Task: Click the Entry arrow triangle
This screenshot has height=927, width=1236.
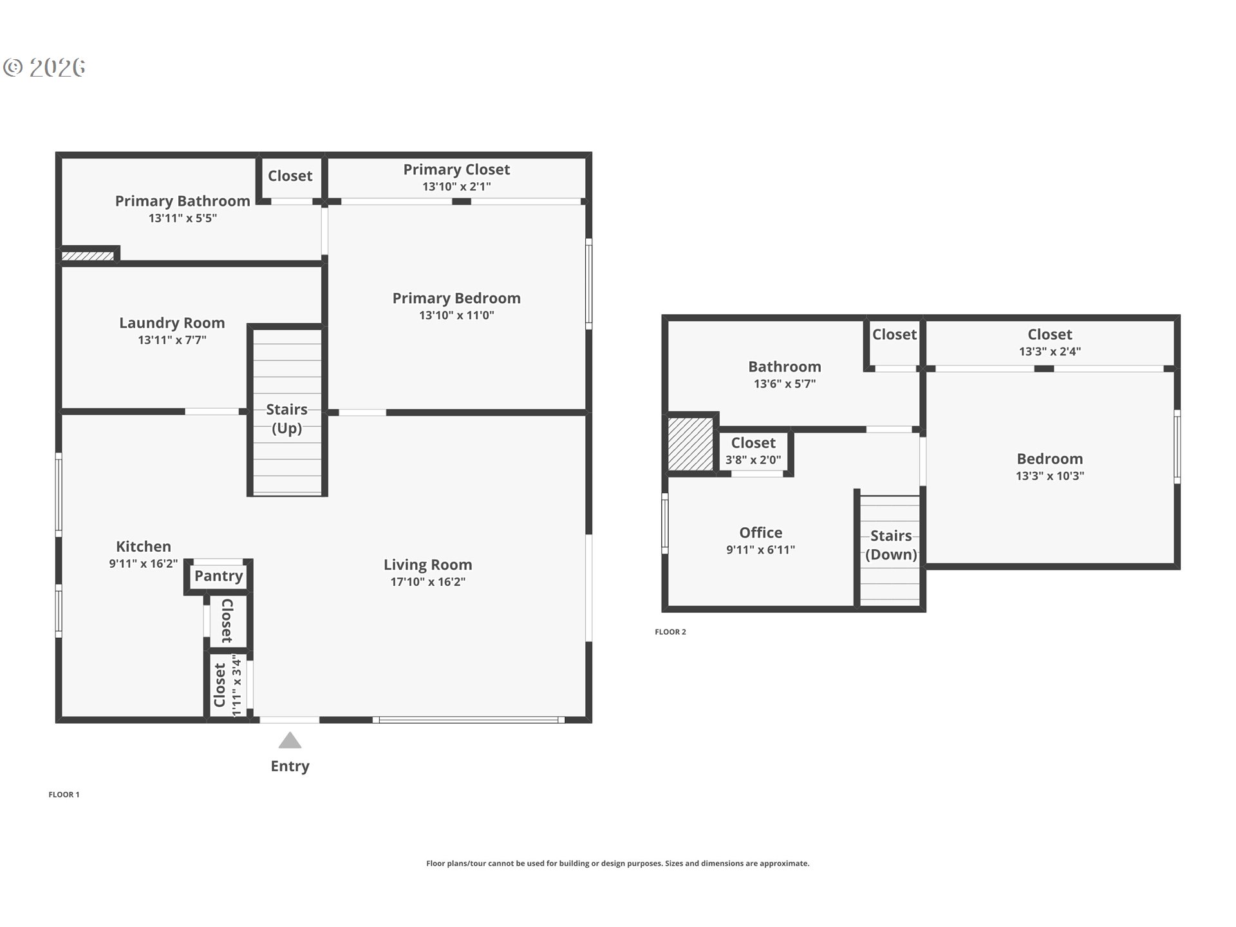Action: pos(290,740)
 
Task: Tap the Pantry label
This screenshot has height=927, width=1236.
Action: pos(219,576)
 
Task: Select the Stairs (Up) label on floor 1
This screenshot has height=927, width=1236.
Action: pos(287,419)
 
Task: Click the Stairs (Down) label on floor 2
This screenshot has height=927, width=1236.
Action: pos(891,545)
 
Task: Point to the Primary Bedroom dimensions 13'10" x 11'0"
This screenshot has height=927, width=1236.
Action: pos(456,315)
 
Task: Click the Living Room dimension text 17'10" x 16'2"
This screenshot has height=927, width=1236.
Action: pos(428,582)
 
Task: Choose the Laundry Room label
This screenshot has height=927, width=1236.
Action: pos(172,323)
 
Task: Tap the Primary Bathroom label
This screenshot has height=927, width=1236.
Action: pos(183,201)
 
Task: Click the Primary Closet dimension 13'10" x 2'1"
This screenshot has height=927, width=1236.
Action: pos(456,187)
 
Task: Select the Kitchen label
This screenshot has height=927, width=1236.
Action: pos(144,547)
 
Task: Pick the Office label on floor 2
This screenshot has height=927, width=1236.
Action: pos(761,532)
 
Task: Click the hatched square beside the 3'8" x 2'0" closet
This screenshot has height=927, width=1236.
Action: pos(691,444)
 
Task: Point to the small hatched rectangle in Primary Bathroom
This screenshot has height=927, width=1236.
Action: pos(88,256)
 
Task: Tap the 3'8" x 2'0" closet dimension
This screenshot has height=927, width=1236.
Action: pos(753,460)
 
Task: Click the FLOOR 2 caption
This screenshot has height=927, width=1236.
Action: pos(670,632)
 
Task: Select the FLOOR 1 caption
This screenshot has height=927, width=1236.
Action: pos(64,795)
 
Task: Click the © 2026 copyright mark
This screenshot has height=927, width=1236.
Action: pos(44,68)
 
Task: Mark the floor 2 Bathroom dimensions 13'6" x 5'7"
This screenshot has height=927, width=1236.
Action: pos(785,384)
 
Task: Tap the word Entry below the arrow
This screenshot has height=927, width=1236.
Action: pos(290,766)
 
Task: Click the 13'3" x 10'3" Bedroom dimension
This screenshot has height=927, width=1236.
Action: pos(1050,476)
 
